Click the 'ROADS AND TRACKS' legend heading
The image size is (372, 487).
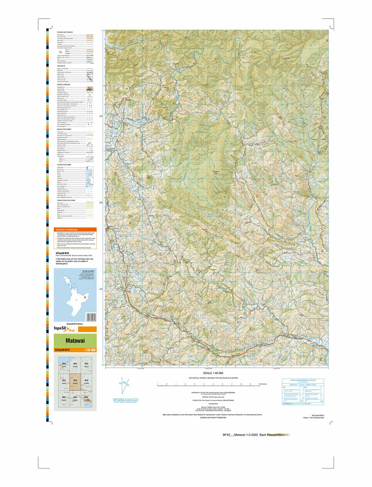click(x=65, y=32)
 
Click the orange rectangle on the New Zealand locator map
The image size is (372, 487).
click(x=84, y=298)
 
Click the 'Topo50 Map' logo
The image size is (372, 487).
click(x=65, y=329)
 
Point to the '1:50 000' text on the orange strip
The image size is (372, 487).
click(x=90, y=351)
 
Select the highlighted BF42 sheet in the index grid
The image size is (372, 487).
click(x=75, y=383)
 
